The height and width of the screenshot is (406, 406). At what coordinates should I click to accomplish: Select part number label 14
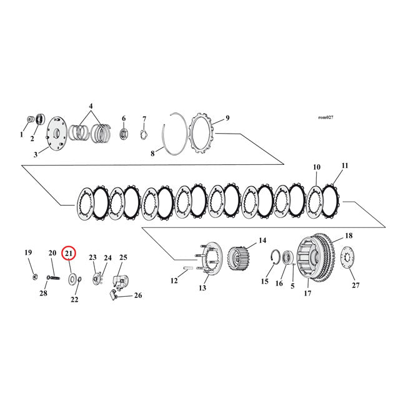pos(262,240)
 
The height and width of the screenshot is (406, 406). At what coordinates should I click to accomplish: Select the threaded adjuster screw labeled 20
pos(49,275)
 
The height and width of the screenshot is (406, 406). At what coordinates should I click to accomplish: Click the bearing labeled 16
pos(289,257)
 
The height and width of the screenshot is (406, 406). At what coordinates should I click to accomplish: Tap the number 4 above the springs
pos(91,106)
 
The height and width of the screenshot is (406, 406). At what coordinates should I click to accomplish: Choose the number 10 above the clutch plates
pos(317,167)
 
